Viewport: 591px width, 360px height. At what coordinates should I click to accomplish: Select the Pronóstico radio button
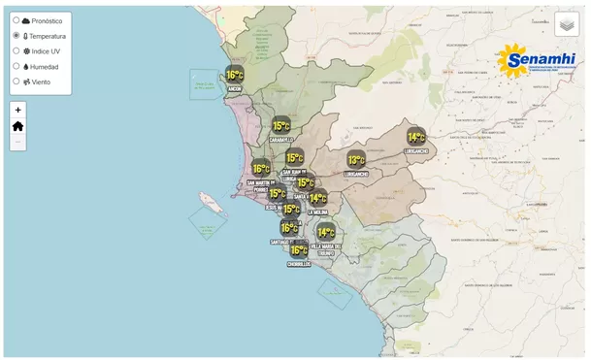(x=16, y=19)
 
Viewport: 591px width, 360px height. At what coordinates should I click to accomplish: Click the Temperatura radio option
(x=16, y=35)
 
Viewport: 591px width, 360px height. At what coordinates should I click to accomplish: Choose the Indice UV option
(x=16, y=50)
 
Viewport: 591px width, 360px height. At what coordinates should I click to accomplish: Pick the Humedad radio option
(x=16, y=66)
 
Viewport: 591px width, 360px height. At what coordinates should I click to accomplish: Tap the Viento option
(x=16, y=82)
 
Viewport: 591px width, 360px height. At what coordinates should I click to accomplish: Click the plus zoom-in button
(x=17, y=110)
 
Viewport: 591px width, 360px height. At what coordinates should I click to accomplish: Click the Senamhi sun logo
(x=513, y=60)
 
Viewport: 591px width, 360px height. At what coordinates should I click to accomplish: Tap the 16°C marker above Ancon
(x=235, y=75)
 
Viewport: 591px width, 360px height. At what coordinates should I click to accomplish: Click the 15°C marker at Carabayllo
(x=281, y=125)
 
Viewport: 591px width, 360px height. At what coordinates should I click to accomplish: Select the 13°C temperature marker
(x=356, y=160)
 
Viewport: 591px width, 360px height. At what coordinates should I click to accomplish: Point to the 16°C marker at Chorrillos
(x=299, y=249)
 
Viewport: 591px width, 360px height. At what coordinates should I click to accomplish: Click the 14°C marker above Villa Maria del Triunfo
(x=326, y=232)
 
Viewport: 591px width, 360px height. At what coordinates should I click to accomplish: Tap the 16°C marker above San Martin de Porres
(x=261, y=169)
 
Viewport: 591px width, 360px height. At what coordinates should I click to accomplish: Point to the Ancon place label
(x=234, y=89)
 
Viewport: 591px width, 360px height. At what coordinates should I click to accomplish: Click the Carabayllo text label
(x=281, y=139)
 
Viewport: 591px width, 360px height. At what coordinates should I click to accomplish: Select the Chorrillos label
(x=299, y=264)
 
